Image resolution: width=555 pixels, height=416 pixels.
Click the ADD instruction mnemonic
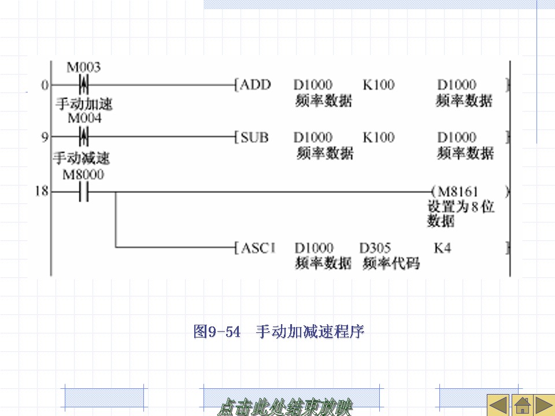pyautogui.click(x=255, y=85)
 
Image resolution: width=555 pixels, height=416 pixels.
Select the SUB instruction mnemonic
pyautogui.click(x=254, y=138)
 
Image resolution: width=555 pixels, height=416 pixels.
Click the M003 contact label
pyautogui.click(x=83, y=68)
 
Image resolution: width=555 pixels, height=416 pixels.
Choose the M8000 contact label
pyautogui.click(x=83, y=174)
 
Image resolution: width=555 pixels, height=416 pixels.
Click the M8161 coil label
pyautogui.click(x=458, y=191)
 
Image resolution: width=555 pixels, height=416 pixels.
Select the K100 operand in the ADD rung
pyautogui.click(x=379, y=85)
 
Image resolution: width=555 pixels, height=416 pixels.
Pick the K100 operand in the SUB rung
pyautogui.click(x=379, y=138)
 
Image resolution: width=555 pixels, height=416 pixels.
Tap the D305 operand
pyautogui.click(x=375, y=248)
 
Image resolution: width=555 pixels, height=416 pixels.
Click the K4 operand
pyautogui.click(x=442, y=248)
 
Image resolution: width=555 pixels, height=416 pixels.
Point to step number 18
pyautogui.click(x=42, y=191)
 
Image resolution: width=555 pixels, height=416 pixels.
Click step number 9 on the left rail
pyautogui.click(x=45, y=137)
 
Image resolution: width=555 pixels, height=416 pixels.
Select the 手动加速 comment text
pyautogui.click(x=84, y=104)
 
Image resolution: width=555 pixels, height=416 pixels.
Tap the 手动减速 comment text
pyautogui.click(x=82, y=158)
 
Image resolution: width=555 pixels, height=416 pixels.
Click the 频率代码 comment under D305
pyautogui.click(x=391, y=264)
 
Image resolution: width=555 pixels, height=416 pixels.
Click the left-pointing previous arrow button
pyautogui.click(x=497, y=405)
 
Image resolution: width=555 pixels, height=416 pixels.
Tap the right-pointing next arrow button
pyautogui.click(x=544, y=405)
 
